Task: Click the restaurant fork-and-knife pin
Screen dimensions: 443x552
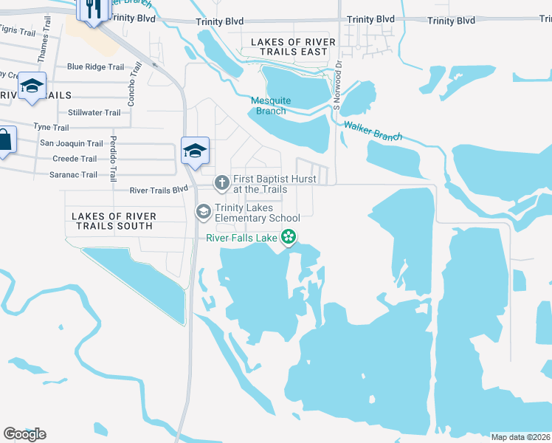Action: tap(93, 9)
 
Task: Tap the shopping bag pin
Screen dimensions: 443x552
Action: tap(4, 140)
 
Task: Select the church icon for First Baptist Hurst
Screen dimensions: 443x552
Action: tap(221, 182)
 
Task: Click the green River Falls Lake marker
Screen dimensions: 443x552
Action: tap(289, 237)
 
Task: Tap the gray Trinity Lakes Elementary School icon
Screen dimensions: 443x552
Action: tap(203, 212)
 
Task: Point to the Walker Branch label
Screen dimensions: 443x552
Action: tap(373, 131)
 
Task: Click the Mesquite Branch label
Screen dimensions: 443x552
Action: tap(271, 106)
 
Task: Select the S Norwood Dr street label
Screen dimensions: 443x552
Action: tap(338, 86)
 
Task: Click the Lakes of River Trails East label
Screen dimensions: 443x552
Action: tap(293, 47)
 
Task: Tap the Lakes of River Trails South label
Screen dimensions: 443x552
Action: tap(114, 220)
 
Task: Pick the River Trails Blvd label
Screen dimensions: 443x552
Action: tap(159, 190)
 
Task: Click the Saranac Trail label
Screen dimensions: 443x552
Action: tap(74, 175)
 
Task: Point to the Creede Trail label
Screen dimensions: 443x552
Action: tap(75, 159)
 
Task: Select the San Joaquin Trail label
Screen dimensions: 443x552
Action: tap(71, 143)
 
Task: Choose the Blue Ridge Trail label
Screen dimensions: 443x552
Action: tap(95, 66)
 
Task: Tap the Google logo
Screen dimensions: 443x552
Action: tap(24, 433)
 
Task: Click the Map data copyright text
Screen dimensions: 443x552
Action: tap(520, 437)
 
